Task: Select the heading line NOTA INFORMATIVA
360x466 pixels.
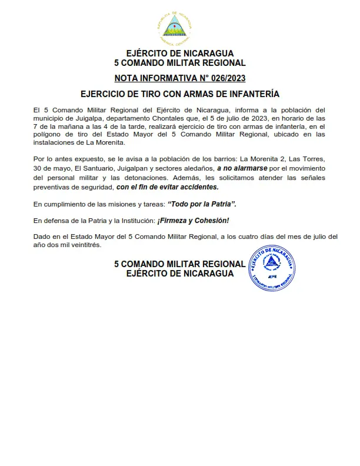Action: (179, 78)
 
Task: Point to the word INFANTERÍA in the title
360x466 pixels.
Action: (253, 94)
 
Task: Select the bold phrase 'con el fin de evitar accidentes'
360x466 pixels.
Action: (167, 187)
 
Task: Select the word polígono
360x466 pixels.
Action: (48, 135)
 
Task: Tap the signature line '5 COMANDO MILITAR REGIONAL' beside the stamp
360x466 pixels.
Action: (179, 264)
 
